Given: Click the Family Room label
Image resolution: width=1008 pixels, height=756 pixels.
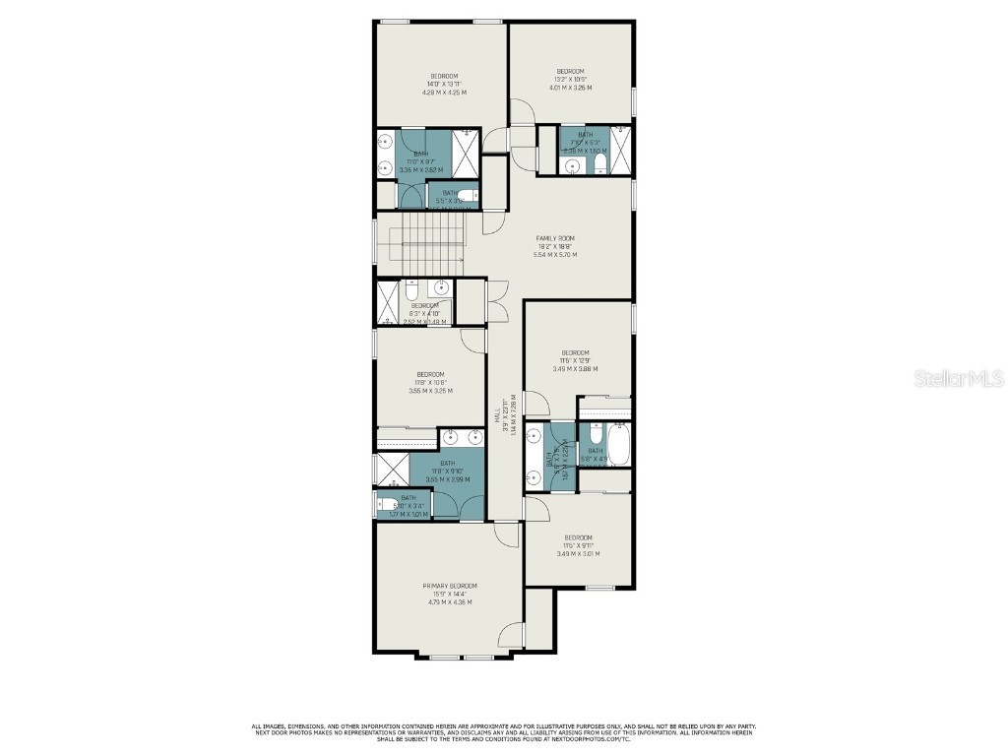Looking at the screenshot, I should pyautogui.click(x=555, y=246).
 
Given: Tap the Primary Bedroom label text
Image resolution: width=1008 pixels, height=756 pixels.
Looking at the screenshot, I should pyautogui.click(x=450, y=594).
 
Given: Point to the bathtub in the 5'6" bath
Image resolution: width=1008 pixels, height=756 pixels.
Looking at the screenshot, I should pyautogui.click(x=619, y=445).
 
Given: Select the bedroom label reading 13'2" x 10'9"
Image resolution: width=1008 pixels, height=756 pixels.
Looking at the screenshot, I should pyautogui.click(x=570, y=79).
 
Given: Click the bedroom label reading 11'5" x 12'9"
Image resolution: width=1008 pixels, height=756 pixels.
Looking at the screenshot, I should pyautogui.click(x=575, y=360).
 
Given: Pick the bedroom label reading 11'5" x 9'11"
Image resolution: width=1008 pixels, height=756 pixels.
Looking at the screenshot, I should pyautogui.click(x=578, y=545).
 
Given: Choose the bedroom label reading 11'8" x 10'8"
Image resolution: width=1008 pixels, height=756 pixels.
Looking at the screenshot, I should pyautogui.click(x=430, y=382).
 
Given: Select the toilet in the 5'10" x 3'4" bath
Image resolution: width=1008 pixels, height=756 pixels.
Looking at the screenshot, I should pyautogui.click(x=384, y=506).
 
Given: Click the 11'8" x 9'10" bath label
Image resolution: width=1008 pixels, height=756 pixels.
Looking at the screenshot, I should pyautogui.click(x=448, y=472).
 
